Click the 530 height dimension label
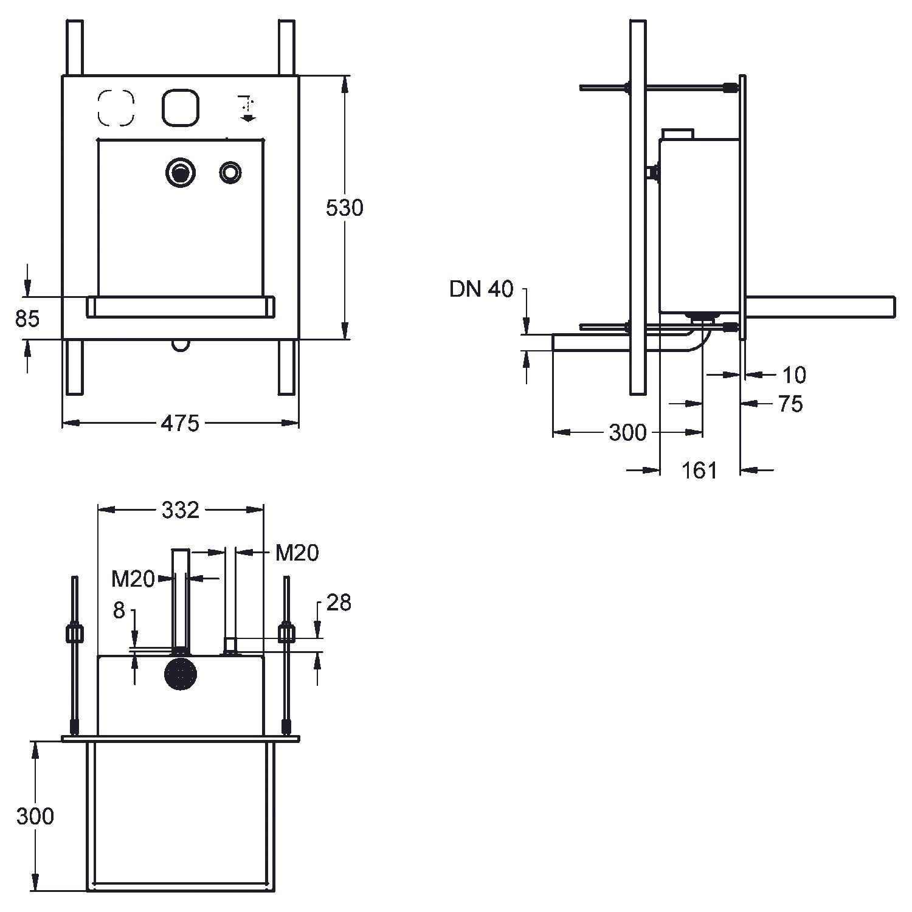(344, 208)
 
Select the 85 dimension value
(27, 318)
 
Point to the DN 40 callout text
(482, 289)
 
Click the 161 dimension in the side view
(699, 469)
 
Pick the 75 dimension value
(790, 404)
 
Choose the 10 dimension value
(793, 375)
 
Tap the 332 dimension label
(181, 510)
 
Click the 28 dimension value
(339, 603)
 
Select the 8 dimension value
(119, 610)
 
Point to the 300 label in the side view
(627, 433)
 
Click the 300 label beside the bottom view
(35, 816)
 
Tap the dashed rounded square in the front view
(116, 108)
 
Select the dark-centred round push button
(180, 173)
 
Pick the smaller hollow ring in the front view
(230, 173)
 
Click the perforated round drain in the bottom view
(181, 674)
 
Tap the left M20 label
(133, 579)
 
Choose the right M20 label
(297, 553)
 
